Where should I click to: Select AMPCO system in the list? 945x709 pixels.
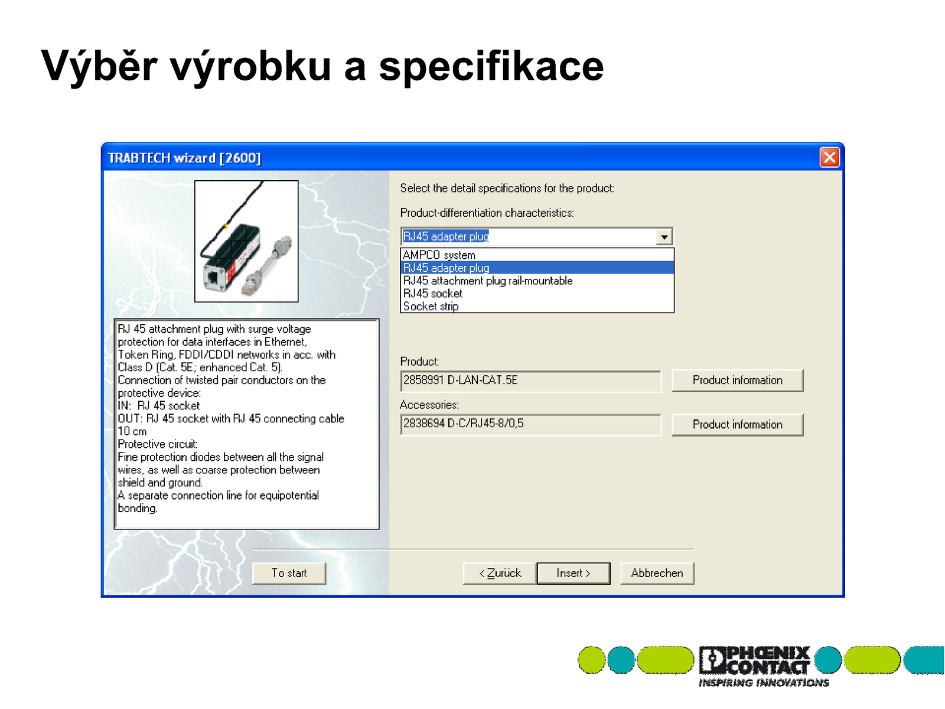click(x=439, y=255)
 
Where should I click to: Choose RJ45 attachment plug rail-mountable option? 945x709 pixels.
click(x=487, y=281)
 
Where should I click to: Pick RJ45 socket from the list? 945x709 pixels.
click(x=432, y=293)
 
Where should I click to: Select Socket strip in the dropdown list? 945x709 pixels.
click(x=431, y=306)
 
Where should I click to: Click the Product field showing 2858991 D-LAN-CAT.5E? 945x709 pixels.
click(x=530, y=380)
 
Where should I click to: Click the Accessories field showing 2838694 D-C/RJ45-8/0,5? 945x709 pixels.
click(x=530, y=424)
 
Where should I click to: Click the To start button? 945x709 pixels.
click(x=289, y=573)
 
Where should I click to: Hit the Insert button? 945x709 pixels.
click(x=573, y=573)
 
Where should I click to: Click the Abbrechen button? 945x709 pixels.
click(x=657, y=573)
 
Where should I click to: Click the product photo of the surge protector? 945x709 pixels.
click(x=246, y=241)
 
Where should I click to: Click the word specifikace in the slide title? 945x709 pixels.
click(x=491, y=67)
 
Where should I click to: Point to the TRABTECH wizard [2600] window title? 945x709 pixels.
click(x=184, y=158)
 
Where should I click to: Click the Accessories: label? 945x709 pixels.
click(x=429, y=405)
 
